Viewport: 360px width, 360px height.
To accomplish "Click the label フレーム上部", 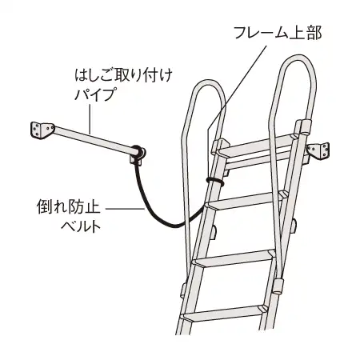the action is tap(278, 33).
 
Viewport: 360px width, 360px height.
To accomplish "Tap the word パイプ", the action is tap(95, 94).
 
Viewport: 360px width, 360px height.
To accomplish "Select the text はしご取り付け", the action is tap(123, 75).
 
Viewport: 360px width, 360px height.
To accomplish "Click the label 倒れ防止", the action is tap(69, 207).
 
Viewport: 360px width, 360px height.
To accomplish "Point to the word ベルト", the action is tap(81, 226).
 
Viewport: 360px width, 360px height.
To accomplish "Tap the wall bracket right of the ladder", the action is tap(318, 151).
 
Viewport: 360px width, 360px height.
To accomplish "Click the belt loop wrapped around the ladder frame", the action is tap(215, 181).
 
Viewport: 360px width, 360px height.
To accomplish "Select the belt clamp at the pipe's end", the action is tap(138, 154).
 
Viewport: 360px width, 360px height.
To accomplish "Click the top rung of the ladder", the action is tap(256, 146).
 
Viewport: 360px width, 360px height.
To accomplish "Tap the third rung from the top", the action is tap(234, 258).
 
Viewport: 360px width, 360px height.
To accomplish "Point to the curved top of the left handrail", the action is tap(208, 82).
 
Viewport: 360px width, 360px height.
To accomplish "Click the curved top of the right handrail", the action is tap(298, 58).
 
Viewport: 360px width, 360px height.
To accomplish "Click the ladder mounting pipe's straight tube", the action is tap(93, 140).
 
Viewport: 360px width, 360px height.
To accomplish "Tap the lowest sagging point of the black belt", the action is tap(174, 226).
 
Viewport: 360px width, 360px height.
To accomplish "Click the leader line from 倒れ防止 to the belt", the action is tap(125, 209).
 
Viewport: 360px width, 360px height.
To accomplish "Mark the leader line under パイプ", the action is tap(90, 119).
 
